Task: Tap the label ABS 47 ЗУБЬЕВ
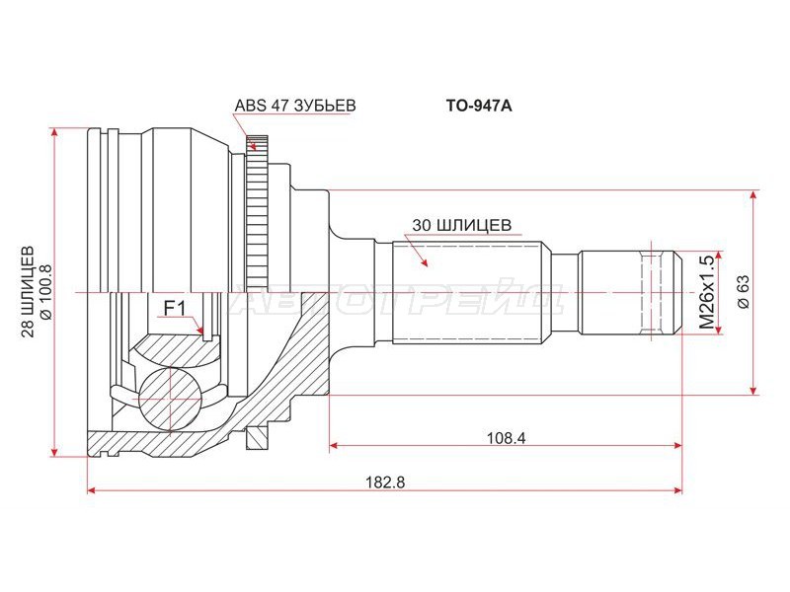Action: [x=295, y=105]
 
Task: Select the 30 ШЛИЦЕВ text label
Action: [x=460, y=224]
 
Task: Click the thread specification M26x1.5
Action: [x=706, y=292]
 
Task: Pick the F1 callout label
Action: [x=174, y=309]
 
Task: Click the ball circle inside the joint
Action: [x=170, y=399]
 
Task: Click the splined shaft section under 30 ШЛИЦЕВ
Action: [x=470, y=293]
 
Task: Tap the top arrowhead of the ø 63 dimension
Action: [x=754, y=197]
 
